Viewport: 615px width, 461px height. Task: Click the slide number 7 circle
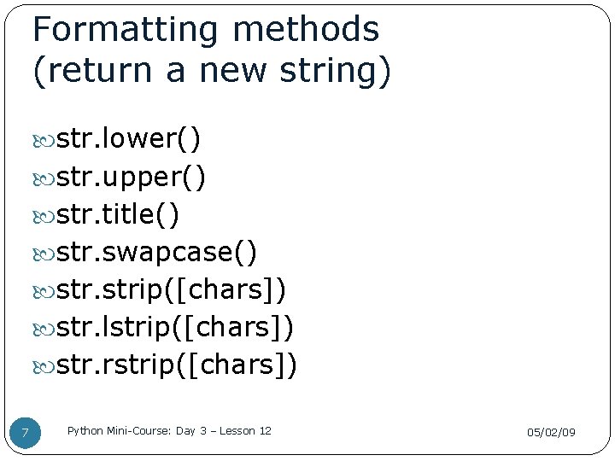click(25, 433)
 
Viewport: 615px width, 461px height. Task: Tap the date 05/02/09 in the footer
click(551, 433)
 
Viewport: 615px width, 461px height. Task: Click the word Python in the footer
click(83, 431)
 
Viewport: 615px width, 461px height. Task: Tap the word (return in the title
click(87, 71)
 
